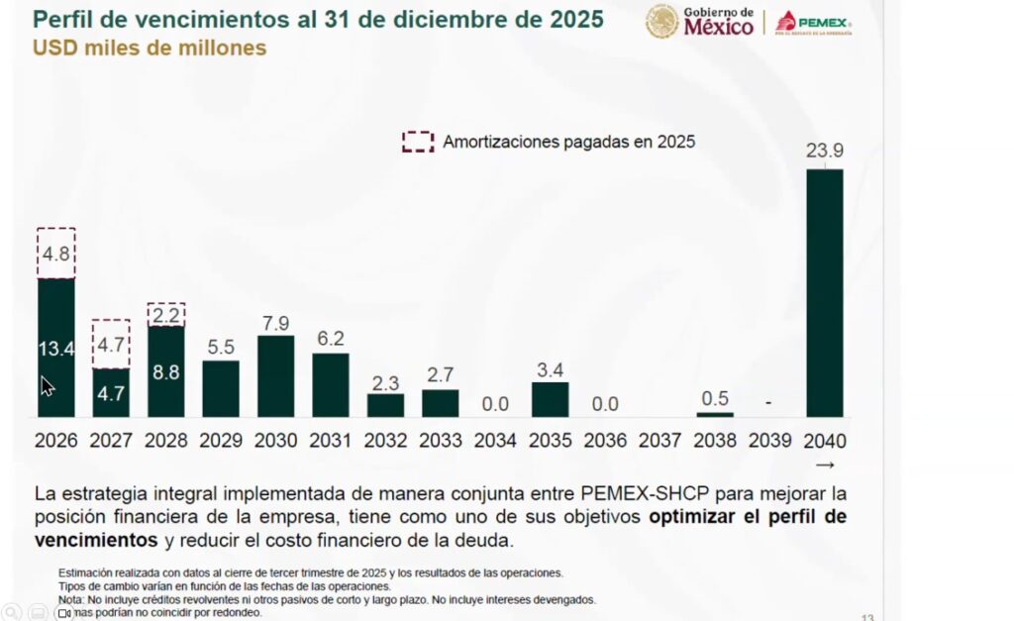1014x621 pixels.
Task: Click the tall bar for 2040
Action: pos(825,292)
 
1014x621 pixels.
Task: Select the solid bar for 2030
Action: pos(275,376)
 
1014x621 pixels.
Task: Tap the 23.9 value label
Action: pos(825,151)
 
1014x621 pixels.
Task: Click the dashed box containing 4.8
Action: pos(56,254)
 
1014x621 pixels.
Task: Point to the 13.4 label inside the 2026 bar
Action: pos(55,348)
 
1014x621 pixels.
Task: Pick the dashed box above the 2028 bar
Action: pos(166,315)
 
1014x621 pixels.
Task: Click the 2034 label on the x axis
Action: pos(495,441)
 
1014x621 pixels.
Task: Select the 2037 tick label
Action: pos(660,441)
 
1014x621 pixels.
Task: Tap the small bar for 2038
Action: pos(715,414)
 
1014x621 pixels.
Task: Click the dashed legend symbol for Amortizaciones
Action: pos(418,142)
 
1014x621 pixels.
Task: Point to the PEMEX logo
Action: pos(813,22)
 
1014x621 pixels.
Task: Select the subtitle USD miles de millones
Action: pos(150,48)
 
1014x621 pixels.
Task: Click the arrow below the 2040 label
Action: pos(825,465)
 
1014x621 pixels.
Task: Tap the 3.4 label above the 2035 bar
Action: pos(551,370)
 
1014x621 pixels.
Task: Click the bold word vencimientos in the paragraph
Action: pos(96,541)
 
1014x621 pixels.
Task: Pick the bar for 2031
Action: pos(331,385)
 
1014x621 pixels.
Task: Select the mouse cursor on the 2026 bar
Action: pos(47,385)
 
